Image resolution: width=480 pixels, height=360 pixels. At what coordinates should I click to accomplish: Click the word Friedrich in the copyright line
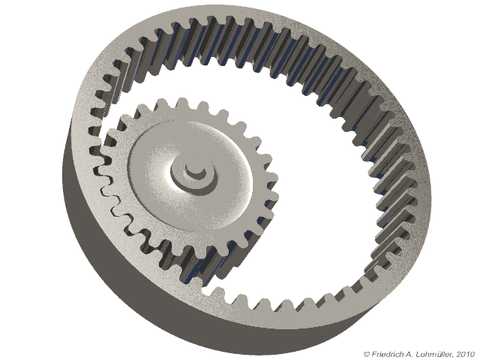pos(385,353)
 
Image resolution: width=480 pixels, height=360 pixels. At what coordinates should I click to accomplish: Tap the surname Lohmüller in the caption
pos(430,353)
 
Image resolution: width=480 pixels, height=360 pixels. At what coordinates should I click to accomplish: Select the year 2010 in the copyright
pos(465,353)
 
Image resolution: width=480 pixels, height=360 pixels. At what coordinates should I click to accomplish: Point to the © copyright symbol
pos(366,353)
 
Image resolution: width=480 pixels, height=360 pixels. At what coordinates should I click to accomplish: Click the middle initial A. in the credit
pos(405,353)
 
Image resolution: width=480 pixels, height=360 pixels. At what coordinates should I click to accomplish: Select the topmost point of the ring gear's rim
pos(247,7)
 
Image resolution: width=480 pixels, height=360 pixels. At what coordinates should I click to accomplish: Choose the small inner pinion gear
pos(187,180)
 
